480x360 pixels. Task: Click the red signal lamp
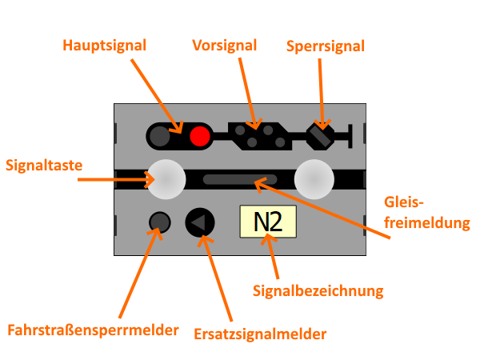[200, 136]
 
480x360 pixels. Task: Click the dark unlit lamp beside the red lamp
[160, 136]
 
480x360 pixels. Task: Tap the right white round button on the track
[314, 179]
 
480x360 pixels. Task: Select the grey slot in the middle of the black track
[240, 179]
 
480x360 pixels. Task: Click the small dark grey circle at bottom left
[160, 222]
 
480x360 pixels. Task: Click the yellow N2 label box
[268, 222]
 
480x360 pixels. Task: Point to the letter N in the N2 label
[261, 222]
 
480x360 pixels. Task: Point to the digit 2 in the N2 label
[274, 222]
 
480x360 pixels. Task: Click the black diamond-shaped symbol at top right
[320, 137]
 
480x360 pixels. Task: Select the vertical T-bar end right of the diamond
[350, 136]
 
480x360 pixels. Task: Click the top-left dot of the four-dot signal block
[240, 130]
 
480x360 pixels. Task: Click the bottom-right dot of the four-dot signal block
[281, 142]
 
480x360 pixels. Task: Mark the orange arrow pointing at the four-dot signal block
[254, 117]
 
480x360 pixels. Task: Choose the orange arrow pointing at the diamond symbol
[322, 116]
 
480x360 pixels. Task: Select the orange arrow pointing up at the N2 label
[270, 243]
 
